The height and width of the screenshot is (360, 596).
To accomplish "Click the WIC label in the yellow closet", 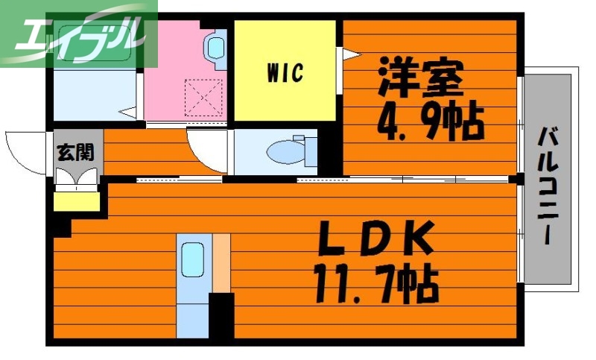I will [285, 72].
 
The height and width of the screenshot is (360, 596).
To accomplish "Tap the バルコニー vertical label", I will [549, 186].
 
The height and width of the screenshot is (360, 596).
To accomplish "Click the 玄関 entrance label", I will [75, 153].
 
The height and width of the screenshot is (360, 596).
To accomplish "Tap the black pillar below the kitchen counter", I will [221, 317].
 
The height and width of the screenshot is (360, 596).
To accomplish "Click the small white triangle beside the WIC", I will [347, 53].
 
